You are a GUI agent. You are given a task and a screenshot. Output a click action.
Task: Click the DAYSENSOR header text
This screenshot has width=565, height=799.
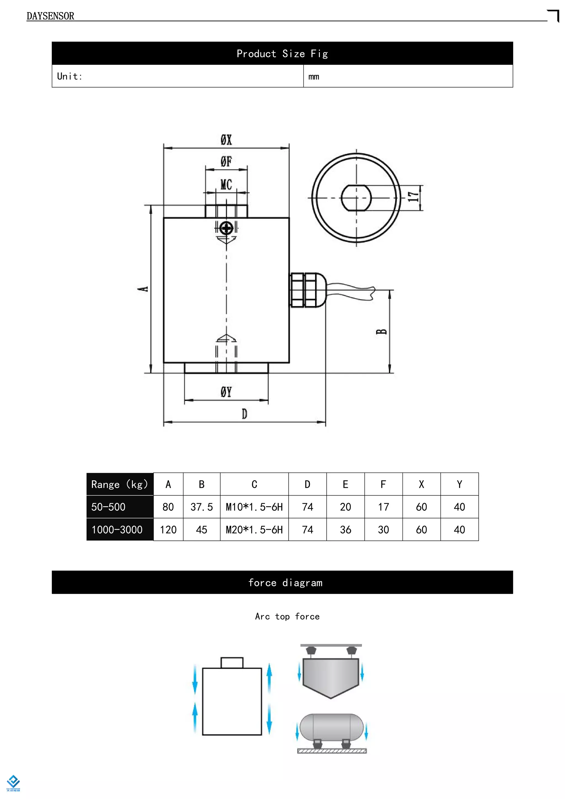click(x=50, y=16)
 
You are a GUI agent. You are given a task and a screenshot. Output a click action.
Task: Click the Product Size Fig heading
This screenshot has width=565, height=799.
click(x=282, y=54)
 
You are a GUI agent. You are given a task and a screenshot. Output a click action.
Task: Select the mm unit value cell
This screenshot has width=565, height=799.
click(x=314, y=76)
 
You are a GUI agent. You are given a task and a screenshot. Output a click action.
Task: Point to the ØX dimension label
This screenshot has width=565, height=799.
click(x=226, y=140)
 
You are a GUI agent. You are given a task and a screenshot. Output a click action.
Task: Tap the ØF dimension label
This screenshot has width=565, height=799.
click(x=226, y=161)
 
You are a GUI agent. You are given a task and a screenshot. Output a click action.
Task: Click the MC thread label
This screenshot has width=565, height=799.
click(x=226, y=185)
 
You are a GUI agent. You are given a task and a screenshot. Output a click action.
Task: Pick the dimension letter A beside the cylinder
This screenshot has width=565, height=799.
click(x=143, y=289)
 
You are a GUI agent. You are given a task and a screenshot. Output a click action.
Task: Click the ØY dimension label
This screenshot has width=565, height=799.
click(x=226, y=392)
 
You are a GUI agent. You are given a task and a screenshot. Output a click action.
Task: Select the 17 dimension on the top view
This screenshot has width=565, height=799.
click(x=413, y=197)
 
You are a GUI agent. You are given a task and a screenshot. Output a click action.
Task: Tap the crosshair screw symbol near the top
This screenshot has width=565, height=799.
click(x=226, y=228)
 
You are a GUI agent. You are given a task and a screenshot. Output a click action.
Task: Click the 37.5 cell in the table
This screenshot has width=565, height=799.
click(x=201, y=507)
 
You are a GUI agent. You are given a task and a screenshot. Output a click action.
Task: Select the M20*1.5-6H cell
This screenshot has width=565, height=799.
click(x=254, y=530)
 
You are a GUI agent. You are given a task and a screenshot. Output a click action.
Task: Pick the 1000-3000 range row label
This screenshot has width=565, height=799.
click(x=117, y=530)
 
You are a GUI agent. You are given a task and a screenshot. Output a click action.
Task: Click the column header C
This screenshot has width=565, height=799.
click(x=254, y=484)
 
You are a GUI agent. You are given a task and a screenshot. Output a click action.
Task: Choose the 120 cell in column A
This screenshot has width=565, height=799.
click(x=168, y=530)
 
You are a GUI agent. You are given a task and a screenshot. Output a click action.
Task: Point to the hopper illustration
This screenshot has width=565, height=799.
click(x=331, y=678)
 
